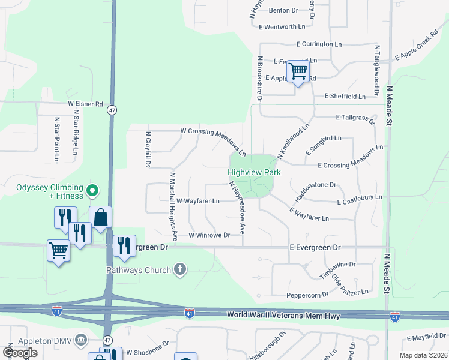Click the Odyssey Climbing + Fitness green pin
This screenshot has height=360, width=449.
pos(92,191)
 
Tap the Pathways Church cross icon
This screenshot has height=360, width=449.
pos(179,270)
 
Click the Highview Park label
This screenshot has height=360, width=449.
pos(255,172)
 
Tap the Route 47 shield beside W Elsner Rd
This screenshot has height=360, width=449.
pos(112,110)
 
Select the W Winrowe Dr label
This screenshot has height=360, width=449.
pos(209,236)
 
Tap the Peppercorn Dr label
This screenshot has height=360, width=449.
pos(308,295)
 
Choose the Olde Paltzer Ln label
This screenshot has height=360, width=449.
pos(350,286)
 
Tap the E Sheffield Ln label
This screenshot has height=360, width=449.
pos(344,96)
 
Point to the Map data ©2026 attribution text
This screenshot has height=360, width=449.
pos(423,355)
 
